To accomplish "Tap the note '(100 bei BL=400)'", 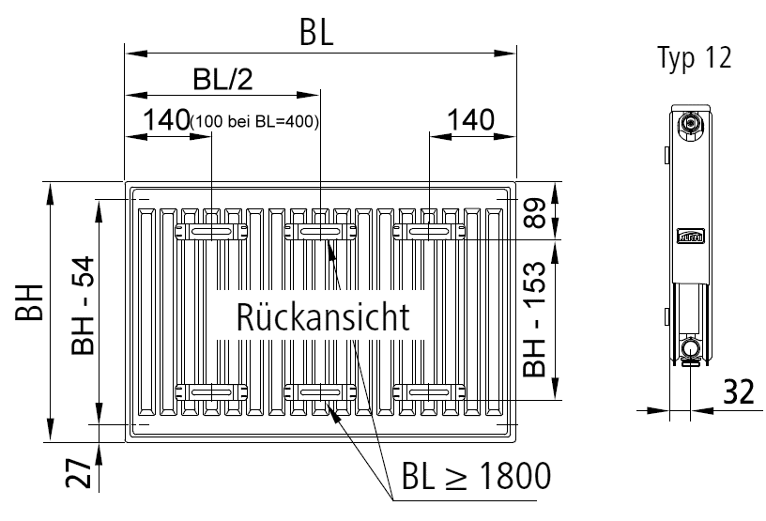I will (x=254, y=122).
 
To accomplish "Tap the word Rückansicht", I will (x=310, y=316).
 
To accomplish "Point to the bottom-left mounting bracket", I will (x=211, y=391).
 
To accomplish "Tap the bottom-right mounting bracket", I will (x=427, y=391).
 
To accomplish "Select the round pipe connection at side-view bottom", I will (x=692, y=350).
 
